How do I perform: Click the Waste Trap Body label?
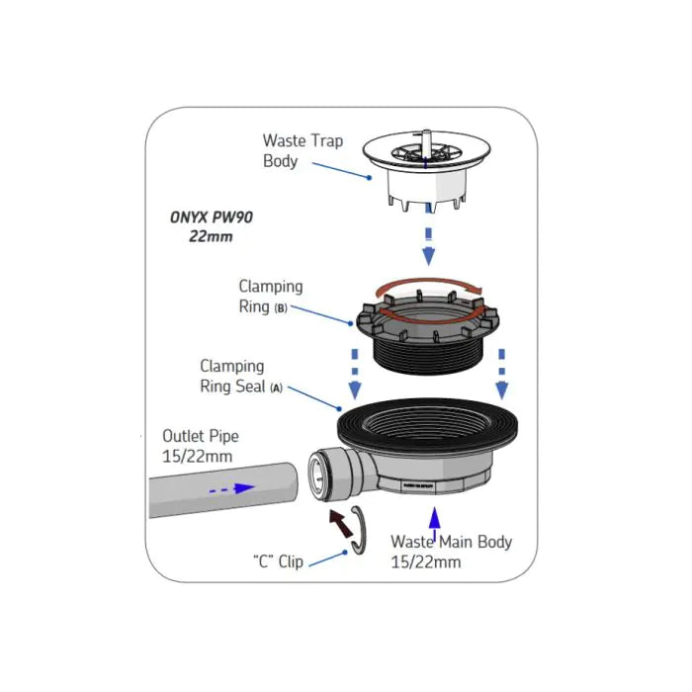coord(303,150)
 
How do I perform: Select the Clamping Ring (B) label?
coord(270,296)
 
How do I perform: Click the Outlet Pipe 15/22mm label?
coord(201,445)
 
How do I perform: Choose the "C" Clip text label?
coord(276,562)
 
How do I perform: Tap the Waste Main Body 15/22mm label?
coord(451,552)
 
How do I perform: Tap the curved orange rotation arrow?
coord(425,286)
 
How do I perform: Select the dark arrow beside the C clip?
coord(341,523)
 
